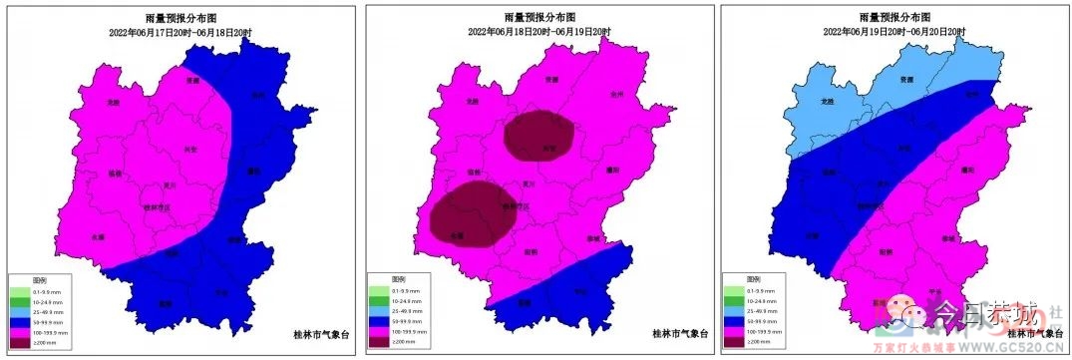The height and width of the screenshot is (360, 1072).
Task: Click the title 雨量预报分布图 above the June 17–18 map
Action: [179, 19]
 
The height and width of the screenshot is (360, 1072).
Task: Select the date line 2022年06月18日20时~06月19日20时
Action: [539, 31]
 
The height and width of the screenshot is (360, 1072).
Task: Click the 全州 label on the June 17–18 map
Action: [258, 95]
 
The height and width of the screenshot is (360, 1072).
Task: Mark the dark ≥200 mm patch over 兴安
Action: [540, 137]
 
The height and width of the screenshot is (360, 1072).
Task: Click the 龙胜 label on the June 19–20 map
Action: [825, 101]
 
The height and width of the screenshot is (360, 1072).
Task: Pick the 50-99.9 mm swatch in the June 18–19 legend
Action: [377, 320]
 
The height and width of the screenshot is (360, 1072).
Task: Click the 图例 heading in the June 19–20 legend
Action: [738, 279]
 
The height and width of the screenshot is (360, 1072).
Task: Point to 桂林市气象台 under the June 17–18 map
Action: [302, 333]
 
